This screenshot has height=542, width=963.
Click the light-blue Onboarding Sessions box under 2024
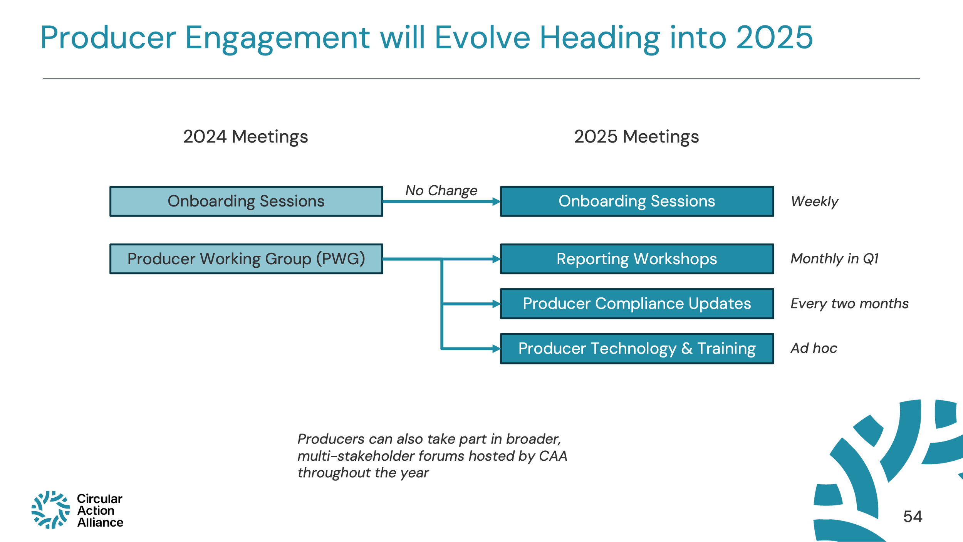click(246, 201)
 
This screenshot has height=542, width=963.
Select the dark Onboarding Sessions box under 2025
click(637, 201)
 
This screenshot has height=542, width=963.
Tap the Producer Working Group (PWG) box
click(246, 259)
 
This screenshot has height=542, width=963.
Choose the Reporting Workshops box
click(637, 259)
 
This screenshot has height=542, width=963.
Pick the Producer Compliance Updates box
click(637, 304)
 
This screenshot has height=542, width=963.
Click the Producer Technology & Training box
click(637, 349)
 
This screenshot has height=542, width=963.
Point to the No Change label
click(441, 191)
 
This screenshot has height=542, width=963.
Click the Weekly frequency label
click(814, 201)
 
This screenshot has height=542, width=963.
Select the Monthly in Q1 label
click(834, 258)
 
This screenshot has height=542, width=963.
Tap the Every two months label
click(849, 304)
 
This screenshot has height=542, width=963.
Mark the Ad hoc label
click(814, 348)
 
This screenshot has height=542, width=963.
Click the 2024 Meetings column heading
click(245, 137)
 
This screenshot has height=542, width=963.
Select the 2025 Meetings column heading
click(636, 137)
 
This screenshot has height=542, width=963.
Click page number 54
click(913, 517)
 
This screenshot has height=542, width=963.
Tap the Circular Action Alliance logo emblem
click(50, 510)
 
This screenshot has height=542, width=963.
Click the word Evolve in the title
click(482, 38)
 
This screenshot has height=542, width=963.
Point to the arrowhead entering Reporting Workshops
click(496, 259)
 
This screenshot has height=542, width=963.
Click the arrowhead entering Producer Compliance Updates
click(496, 304)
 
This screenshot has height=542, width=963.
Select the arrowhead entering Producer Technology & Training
click(496, 349)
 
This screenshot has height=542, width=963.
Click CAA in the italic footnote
click(553, 456)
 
